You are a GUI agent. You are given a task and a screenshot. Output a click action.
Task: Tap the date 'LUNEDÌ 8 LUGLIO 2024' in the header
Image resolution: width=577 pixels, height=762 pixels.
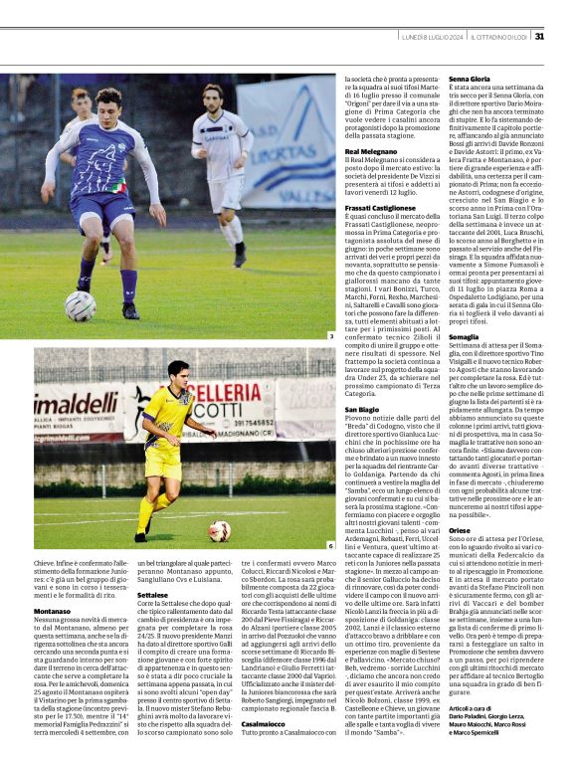pos(431,37)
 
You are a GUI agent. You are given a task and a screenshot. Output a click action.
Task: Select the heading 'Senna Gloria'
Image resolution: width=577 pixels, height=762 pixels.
pos(470,78)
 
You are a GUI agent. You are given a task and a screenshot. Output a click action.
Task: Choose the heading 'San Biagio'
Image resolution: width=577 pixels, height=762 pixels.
pos(361,410)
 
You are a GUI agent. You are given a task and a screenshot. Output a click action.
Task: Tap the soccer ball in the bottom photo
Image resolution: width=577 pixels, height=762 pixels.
pos(219,529)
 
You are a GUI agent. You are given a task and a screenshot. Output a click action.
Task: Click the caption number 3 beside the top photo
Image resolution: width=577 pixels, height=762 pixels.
pos(331,337)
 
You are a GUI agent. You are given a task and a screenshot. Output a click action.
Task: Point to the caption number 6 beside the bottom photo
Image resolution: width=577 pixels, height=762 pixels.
pos(331,545)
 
